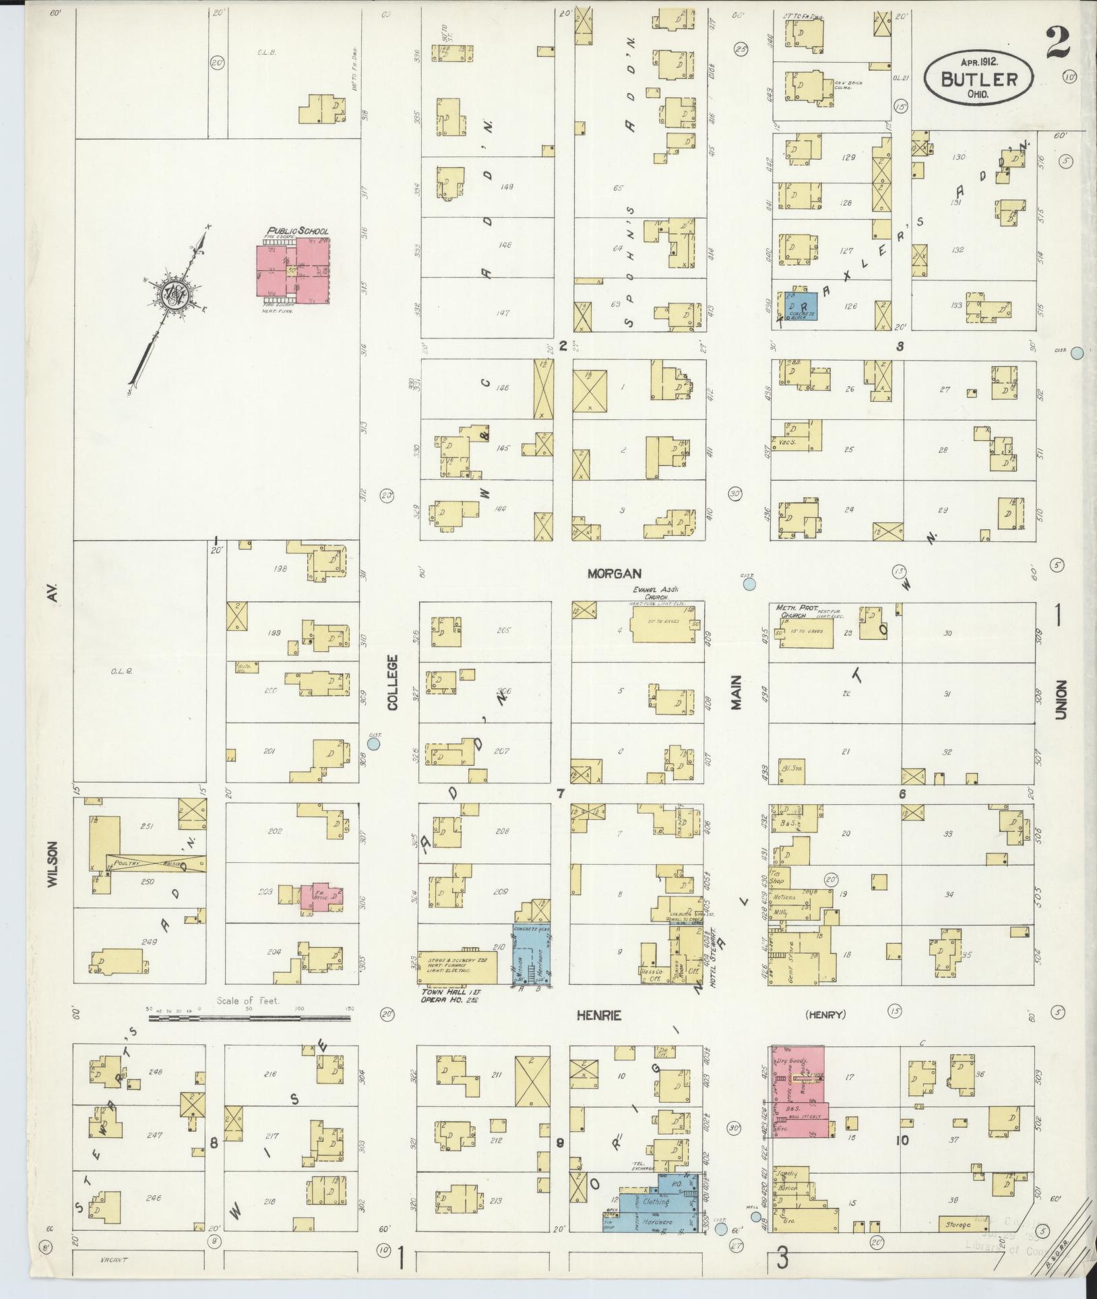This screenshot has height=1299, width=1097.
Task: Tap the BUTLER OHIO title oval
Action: (x=978, y=78)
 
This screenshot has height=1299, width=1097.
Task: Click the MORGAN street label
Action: (x=613, y=574)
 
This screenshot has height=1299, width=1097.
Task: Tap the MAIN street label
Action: (x=736, y=692)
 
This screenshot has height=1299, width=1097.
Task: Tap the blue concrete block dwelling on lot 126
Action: (x=798, y=305)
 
